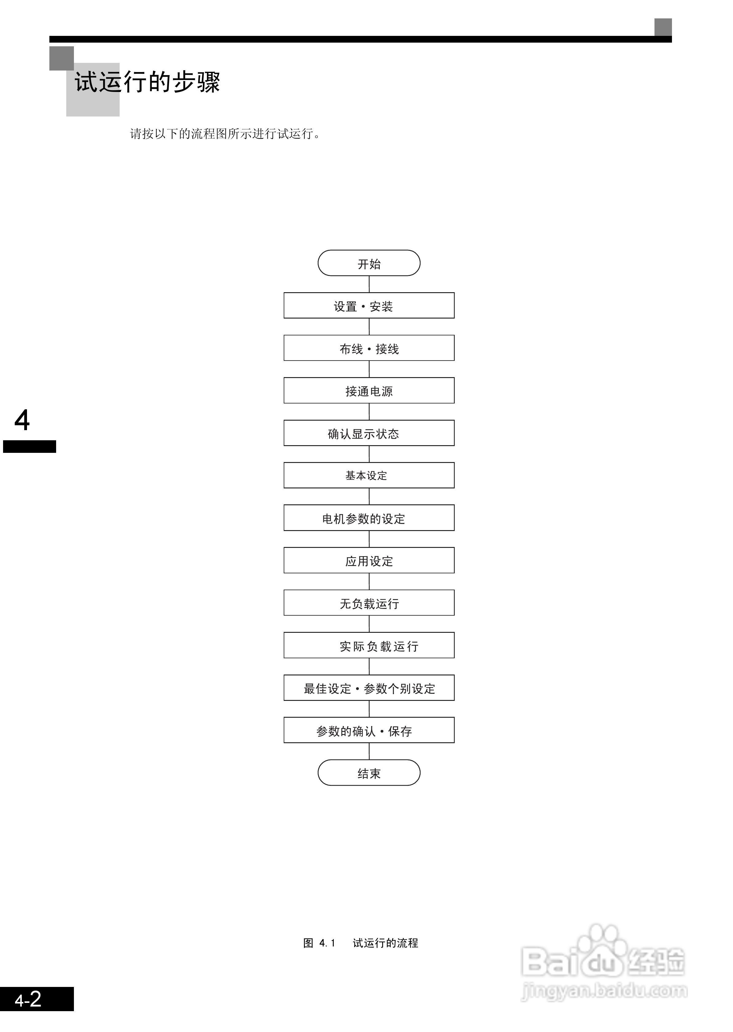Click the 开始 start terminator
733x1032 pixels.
coord(369,263)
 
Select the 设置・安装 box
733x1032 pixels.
coord(369,305)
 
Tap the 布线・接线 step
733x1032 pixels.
coord(369,348)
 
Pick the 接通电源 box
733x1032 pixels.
coord(369,390)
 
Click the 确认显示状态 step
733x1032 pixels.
coord(369,433)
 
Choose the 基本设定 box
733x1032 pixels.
coord(369,475)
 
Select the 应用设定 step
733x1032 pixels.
coord(369,560)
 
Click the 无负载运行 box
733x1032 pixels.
coord(369,603)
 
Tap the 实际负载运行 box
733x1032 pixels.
coord(369,645)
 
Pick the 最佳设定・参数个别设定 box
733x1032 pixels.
coord(369,688)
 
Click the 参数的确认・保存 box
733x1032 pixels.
coord(369,730)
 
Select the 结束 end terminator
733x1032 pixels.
coord(369,773)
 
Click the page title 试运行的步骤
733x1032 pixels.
coord(147,82)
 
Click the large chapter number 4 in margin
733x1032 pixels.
coord(22,420)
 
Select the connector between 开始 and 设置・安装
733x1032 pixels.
coord(369,284)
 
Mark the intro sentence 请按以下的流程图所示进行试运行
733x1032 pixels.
coord(225,134)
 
